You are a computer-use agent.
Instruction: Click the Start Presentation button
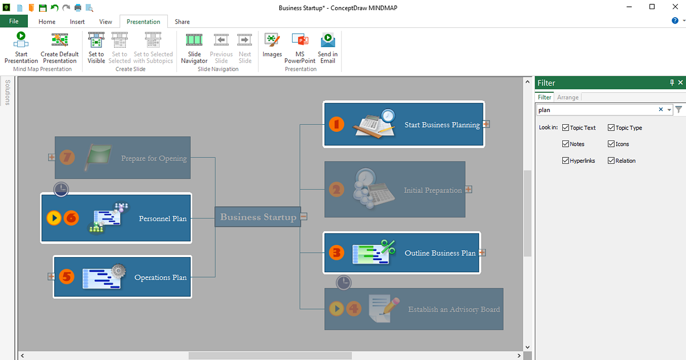pyautogui.click(x=21, y=47)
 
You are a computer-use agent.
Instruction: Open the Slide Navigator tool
pyautogui.click(x=194, y=47)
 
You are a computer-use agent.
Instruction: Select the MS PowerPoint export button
pyautogui.click(x=300, y=47)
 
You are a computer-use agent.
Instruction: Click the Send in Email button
pyautogui.click(x=327, y=47)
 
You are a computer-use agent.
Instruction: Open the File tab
pyautogui.click(x=14, y=21)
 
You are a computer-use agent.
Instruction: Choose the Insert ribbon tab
pyautogui.click(x=77, y=22)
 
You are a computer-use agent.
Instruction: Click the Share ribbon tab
pyautogui.click(x=182, y=22)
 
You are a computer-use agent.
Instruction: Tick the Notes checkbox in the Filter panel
pyautogui.click(x=565, y=144)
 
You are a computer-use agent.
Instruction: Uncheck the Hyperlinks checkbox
pyautogui.click(x=565, y=161)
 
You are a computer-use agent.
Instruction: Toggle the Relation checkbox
pyautogui.click(x=611, y=161)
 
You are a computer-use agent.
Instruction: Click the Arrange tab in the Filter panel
pyautogui.click(x=568, y=97)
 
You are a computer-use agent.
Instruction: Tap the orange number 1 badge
pyautogui.click(x=336, y=124)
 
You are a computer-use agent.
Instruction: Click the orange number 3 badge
pyautogui.click(x=336, y=252)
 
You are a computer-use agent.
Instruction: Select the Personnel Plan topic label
pyautogui.click(x=162, y=219)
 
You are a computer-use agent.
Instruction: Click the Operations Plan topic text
pyautogui.click(x=160, y=277)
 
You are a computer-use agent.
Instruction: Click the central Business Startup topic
pyautogui.click(x=258, y=217)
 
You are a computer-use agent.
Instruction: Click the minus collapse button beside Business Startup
pyautogui.click(x=304, y=216)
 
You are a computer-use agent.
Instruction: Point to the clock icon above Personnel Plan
pyautogui.click(x=61, y=189)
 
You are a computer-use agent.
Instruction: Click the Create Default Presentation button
pyautogui.click(x=59, y=47)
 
